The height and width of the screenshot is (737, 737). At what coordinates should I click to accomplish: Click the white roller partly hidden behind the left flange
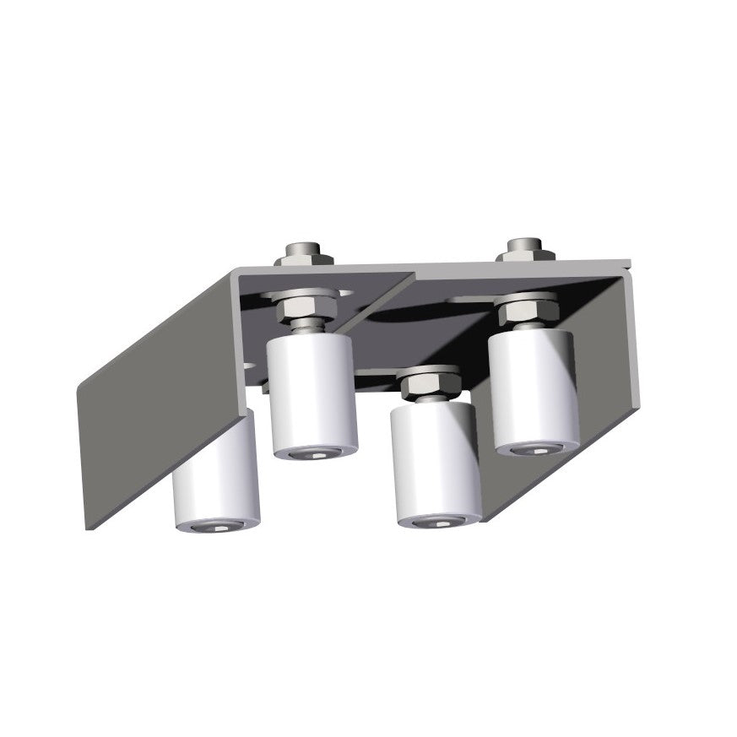pyautogui.click(x=215, y=477)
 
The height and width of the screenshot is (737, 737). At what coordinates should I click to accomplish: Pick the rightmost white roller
pyautogui.click(x=534, y=388)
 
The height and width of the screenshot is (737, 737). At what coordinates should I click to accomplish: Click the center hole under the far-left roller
pyautogui.click(x=219, y=528)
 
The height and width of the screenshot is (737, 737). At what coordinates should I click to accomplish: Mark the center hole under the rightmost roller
pyautogui.click(x=537, y=448)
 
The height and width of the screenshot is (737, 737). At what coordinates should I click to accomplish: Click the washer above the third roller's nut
pyautogui.click(x=429, y=371)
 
